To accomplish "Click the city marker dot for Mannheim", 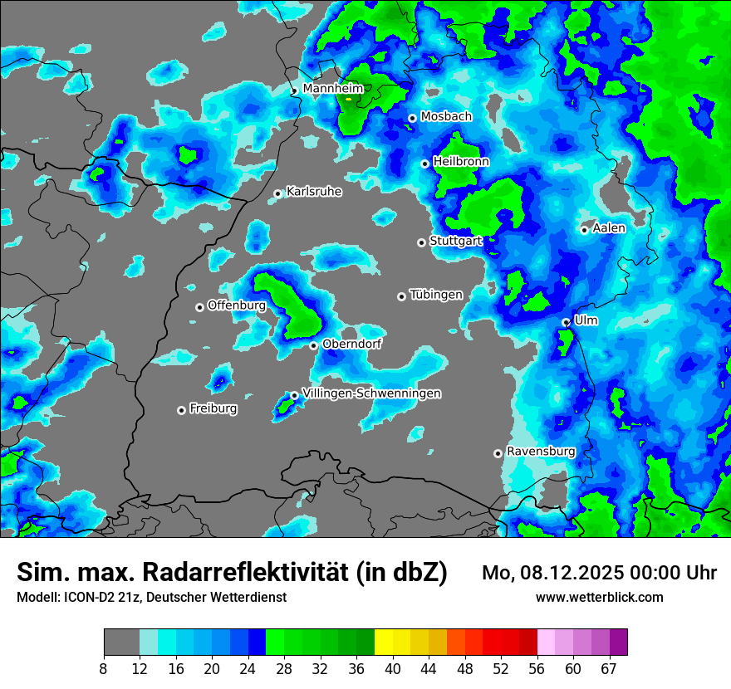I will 294,90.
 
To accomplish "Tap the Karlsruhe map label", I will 314,192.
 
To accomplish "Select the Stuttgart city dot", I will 422,242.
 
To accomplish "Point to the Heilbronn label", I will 461,162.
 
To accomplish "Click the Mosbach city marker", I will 412,118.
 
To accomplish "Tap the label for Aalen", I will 609,228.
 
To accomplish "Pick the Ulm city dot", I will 566,322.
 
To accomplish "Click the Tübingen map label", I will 436,295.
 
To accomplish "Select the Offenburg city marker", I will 199,307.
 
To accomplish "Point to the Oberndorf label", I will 351,344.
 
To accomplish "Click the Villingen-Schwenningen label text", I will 371,393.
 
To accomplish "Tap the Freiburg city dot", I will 181,410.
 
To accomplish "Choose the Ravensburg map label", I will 541,452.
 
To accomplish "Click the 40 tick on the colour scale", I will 392,668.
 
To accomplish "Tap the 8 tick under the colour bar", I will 104,668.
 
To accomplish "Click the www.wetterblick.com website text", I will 600,597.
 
